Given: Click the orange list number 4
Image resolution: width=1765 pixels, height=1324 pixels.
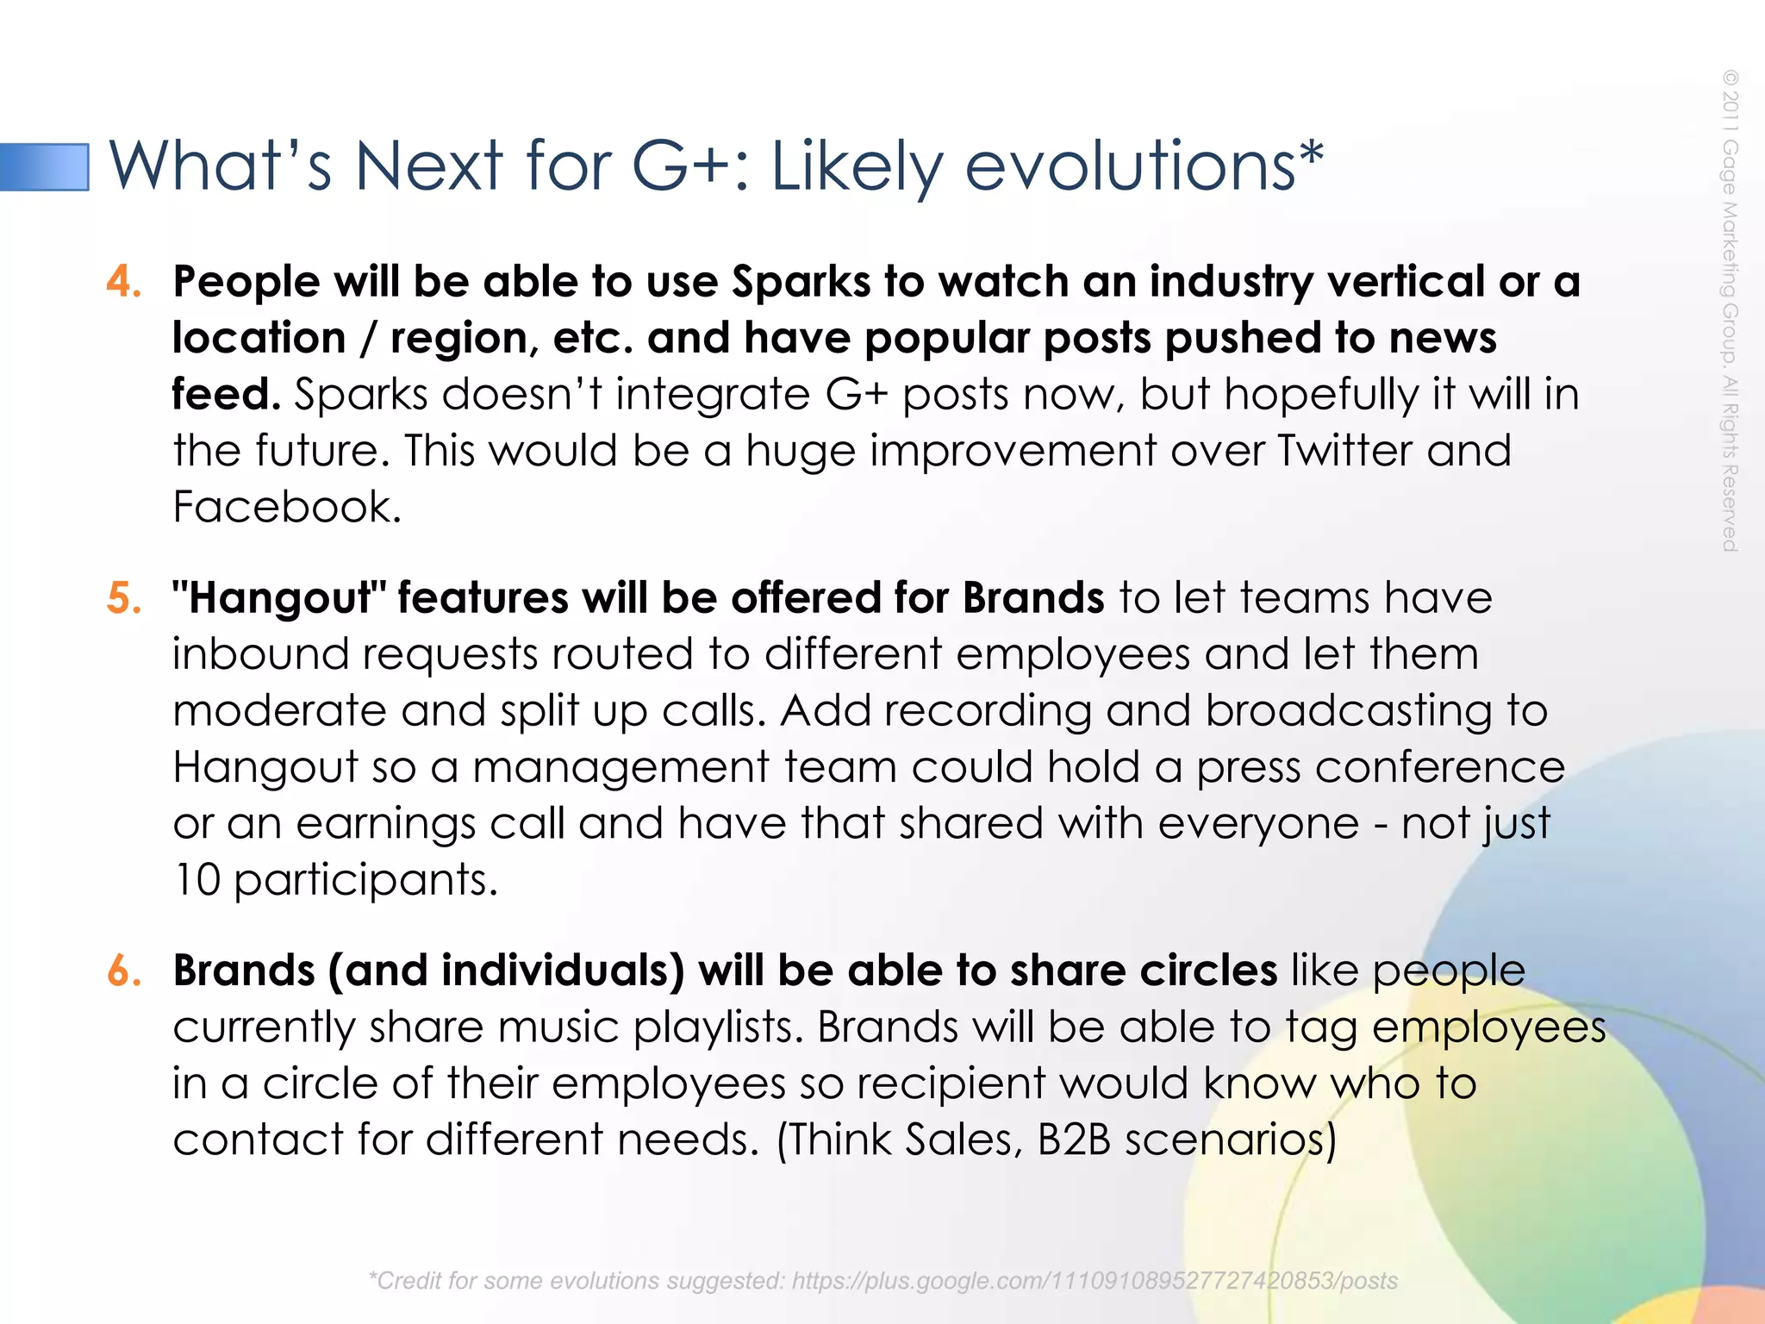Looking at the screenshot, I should tap(124, 282).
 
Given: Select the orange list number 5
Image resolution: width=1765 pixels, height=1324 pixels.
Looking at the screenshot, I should tap(124, 598).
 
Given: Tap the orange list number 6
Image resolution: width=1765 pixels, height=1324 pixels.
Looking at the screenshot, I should tap(124, 971).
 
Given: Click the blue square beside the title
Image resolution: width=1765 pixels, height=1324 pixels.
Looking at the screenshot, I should tap(45, 166).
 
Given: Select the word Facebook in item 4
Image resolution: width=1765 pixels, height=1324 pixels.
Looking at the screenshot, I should tap(287, 507).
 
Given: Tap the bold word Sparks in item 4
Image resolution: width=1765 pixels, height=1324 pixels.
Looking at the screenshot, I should tap(801, 282).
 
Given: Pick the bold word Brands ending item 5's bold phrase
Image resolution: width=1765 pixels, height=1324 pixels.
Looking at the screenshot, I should tap(1032, 598).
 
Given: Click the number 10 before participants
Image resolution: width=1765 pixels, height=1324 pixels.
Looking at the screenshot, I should tap(197, 880).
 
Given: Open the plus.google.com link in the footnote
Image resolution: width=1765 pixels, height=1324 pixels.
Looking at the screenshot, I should tap(1095, 1281).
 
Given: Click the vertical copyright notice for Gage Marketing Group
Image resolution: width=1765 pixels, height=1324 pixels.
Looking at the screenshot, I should tap(1730, 310).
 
